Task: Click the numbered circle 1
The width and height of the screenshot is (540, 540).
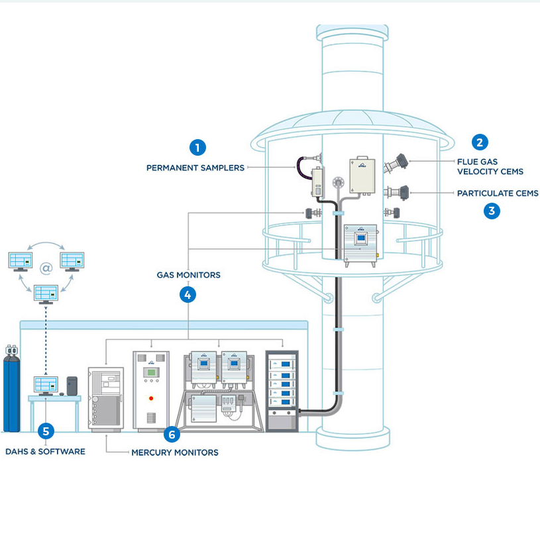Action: [x=197, y=147]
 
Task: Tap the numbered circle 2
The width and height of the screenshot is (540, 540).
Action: [x=480, y=141]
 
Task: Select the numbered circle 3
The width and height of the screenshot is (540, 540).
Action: [x=491, y=211]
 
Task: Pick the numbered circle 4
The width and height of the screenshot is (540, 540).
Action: [x=188, y=295]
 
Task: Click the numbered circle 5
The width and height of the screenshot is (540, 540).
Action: [x=45, y=431]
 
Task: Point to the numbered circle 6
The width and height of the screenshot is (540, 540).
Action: [x=172, y=435]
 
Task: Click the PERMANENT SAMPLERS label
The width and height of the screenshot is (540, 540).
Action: [x=195, y=168]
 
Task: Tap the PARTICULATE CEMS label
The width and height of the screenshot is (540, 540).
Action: [x=498, y=193]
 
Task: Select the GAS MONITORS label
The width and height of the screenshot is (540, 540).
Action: [x=188, y=274]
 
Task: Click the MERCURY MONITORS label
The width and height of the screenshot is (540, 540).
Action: [x=175, y=453]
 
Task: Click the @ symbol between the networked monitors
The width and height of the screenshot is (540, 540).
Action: [x=46, y=268]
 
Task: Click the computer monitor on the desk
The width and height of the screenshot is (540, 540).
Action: [x=46, y=385]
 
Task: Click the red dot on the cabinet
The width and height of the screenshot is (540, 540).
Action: [x=152, y=398]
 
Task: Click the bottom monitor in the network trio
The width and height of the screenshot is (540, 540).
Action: [x=46, y=293]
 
